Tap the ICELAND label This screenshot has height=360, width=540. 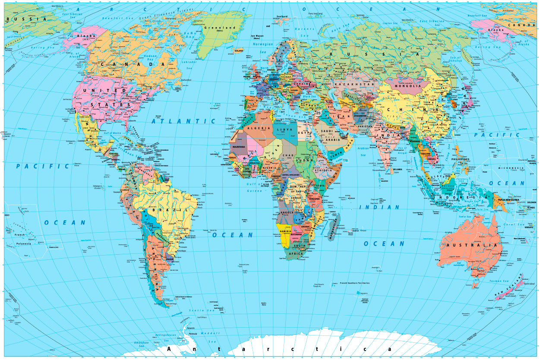coord(239,51)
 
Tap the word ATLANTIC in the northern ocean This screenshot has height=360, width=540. coord(183,121)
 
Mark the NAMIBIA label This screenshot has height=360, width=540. coord(285,231)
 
